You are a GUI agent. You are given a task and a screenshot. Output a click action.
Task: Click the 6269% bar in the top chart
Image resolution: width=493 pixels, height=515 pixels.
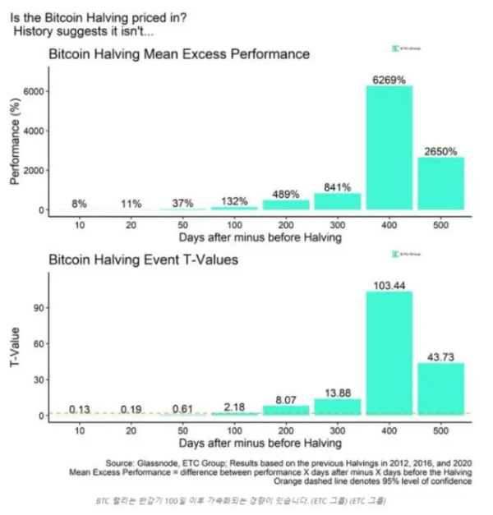click(389, 148)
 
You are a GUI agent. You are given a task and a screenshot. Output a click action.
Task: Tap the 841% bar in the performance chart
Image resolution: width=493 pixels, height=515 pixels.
click(338, 201)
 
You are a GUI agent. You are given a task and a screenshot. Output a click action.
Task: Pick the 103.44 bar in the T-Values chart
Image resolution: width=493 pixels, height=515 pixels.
click(389, 353)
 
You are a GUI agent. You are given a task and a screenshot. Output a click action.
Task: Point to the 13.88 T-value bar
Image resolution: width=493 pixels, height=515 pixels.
click(338, 407)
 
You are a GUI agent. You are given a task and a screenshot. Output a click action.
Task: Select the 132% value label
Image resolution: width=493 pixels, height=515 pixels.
click(235, 201)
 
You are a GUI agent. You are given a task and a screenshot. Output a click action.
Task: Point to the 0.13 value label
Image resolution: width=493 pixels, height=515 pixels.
click(81, 409)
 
